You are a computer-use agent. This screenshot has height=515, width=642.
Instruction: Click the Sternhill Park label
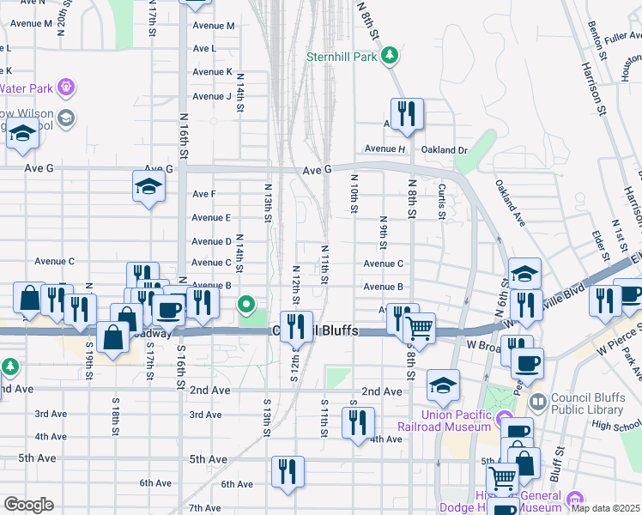(342, 57)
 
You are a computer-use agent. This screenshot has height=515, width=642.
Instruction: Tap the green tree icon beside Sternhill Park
(391, 56)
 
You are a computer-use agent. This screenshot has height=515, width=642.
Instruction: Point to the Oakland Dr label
(444, 149)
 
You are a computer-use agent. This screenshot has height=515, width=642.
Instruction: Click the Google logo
(27, 505)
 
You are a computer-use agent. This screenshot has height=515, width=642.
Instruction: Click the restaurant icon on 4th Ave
(357, 422)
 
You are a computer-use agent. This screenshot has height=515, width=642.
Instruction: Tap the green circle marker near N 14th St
(247, 304)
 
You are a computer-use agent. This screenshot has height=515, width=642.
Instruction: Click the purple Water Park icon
(65, 87)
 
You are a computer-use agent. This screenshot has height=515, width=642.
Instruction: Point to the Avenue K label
(211, 72)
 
